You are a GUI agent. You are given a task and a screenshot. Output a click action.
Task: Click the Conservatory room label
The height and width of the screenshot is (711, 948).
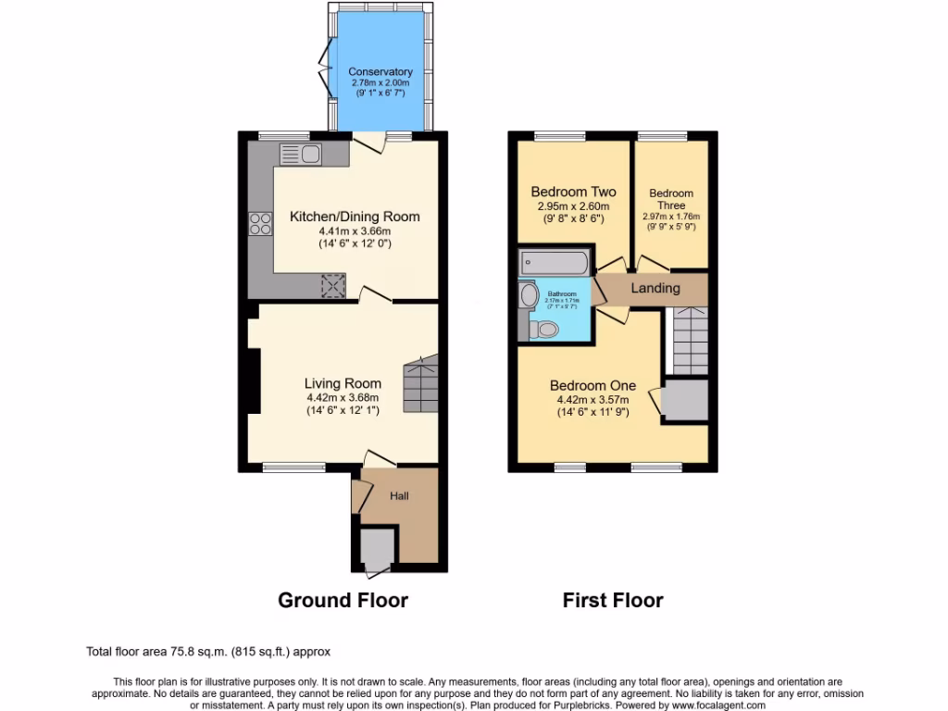380,71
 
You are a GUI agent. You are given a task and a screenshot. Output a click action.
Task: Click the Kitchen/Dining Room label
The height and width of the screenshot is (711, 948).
355,217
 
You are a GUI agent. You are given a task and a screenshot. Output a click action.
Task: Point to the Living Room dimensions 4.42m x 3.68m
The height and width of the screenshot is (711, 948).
343,398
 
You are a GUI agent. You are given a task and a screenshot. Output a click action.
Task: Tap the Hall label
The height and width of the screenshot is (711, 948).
399,496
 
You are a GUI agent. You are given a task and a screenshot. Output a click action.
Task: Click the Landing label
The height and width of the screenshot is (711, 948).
655,289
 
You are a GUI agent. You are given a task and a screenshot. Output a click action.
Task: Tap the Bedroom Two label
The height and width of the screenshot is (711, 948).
573,193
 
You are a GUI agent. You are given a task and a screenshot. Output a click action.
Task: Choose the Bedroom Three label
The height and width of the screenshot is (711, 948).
670,199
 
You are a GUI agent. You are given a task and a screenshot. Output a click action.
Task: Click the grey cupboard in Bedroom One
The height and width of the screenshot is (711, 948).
685,401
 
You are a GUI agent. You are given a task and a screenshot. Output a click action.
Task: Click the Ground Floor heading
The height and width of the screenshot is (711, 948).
343,600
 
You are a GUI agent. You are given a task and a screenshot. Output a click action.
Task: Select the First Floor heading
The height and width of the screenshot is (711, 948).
613,600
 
